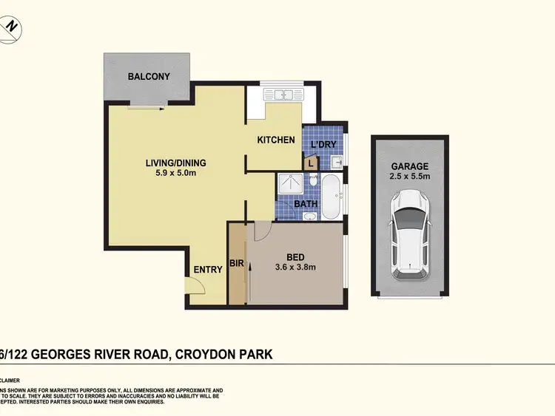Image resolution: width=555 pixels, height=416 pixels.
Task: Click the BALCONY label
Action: point(149,76)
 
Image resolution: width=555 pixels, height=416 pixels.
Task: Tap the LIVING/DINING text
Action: point(175,163)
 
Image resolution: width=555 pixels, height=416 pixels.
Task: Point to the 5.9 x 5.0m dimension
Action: point(175,174)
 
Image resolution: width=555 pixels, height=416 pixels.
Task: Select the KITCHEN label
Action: point(276,140)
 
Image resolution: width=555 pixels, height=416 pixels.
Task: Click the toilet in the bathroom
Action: point(313,181)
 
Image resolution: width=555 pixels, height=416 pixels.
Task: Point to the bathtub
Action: point(331,196)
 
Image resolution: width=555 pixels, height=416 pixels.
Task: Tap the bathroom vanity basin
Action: point(309,216)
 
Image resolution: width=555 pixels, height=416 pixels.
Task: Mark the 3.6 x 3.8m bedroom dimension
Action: point(296,267)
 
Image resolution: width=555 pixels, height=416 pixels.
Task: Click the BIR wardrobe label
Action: point(237,262)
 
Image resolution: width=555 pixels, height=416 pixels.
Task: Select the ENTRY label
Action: point(208,270)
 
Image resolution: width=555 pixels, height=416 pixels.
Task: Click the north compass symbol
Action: point(10,26)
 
